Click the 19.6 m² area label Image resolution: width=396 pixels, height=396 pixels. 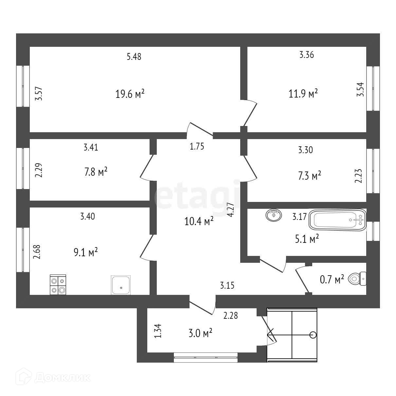coord(130,95)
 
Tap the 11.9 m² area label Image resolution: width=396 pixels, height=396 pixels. coord(303,94)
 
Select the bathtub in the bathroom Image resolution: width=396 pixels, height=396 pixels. coord(338,220)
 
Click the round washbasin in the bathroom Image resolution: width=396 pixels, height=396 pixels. coord(274,215)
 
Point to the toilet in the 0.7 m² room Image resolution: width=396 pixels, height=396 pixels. coord(358,279)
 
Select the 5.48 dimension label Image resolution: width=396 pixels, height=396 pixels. coord(134,57)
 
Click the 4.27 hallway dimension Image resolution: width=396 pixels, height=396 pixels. coord(231,210)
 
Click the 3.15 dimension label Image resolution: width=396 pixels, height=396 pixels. coord(227,285)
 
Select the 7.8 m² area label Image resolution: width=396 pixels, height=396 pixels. coord(96,172)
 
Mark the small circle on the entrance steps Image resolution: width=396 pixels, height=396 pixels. coord(313,334)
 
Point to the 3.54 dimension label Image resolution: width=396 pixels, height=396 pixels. coord(360,89)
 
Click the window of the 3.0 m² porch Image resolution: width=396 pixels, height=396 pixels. coord(206,357)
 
